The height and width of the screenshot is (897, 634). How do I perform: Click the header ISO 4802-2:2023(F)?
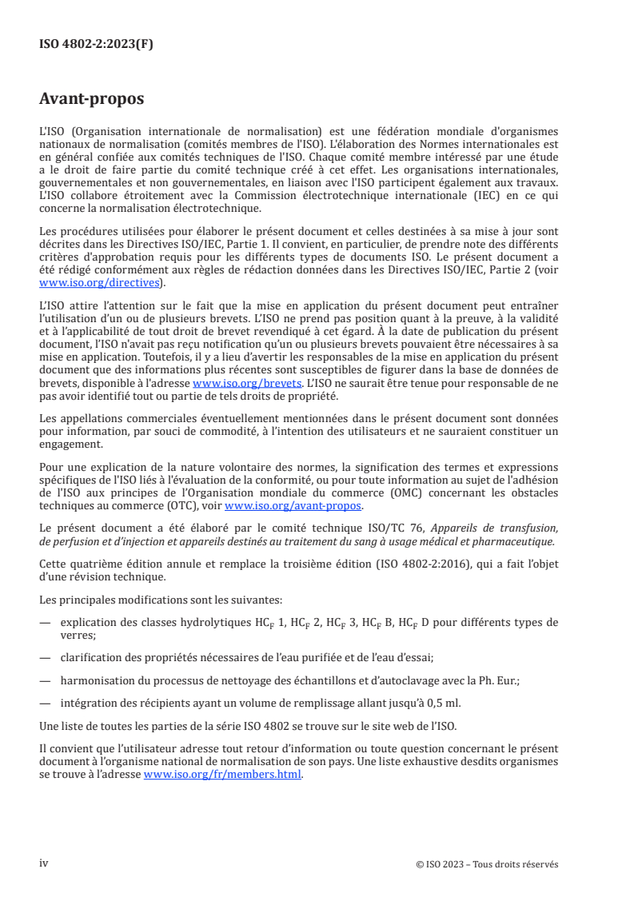96,45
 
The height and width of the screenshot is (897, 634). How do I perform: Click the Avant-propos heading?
91,99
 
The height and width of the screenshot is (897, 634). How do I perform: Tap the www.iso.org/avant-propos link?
293,506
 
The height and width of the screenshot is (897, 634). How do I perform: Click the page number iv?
44,864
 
